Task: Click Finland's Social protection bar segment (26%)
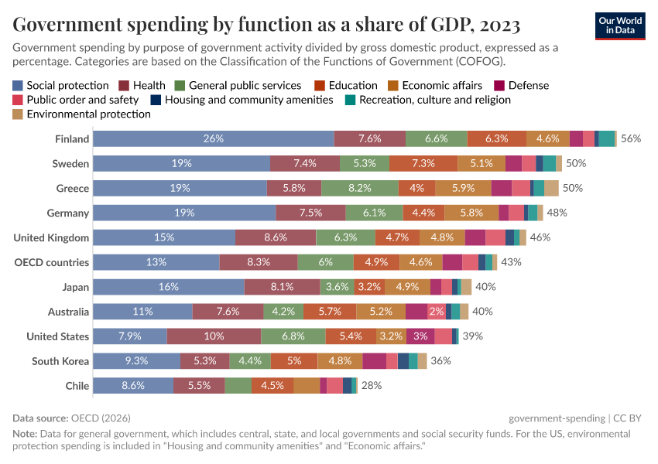click(x=214, y=138)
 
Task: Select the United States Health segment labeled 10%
click(x=214, y=336)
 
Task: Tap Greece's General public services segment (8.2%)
click(x=360, y=188)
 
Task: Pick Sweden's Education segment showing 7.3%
click(x=423, y=163)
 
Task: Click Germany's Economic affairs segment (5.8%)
click(x=471, y=213)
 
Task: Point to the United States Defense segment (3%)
click(x=420, y=336)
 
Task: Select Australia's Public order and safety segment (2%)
click(x=437, y=312)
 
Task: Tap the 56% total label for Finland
click(x=631, y=138)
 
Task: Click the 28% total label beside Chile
click(x=372, y=386)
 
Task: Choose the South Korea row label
click(x=60, y=361)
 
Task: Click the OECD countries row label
click(x=52, y=262)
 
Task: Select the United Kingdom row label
click(x=51, y=237)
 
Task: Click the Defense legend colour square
click(x=501, y=86)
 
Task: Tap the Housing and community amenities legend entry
click(x=248, y=100)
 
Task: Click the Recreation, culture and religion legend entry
click(x=434, y=100)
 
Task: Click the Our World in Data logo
click(x=621, y=26)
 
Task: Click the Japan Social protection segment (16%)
click(x=169, y=287)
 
